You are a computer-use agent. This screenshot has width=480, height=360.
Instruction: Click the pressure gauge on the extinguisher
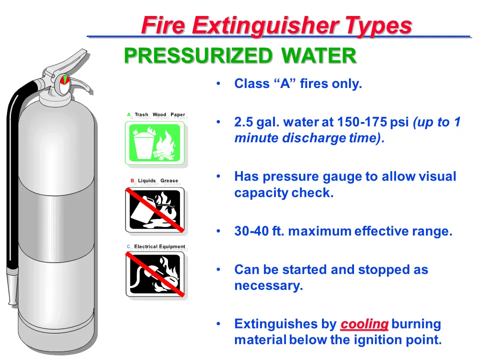[65, 84]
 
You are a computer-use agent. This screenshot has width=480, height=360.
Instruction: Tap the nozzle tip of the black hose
[12, 303]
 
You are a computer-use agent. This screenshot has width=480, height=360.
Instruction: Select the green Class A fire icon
[154, 142]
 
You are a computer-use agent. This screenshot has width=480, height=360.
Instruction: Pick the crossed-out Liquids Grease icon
[155, 210]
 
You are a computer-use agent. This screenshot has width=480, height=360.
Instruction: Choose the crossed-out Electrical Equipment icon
[155, 274]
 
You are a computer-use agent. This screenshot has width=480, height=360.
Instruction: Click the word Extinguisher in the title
[265, 26]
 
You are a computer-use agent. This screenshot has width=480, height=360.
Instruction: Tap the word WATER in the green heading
[318, 55]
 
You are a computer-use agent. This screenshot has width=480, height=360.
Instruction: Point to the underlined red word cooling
[364, 324]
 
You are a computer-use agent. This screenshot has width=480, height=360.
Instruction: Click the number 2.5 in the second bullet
[243, 122]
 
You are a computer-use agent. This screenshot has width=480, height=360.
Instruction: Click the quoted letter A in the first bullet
[285, 83]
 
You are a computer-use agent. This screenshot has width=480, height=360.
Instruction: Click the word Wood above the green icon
[159, 114]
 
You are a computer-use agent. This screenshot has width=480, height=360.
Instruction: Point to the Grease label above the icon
[169, 180]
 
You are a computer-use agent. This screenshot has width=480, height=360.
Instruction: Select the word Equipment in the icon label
[173, 246]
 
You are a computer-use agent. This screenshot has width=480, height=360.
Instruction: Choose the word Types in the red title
[378, 26]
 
